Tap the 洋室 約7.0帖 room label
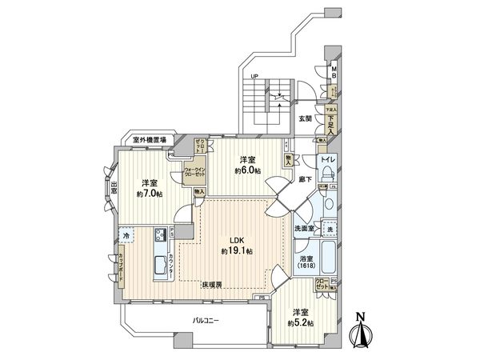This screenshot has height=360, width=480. click(x=149, y=186)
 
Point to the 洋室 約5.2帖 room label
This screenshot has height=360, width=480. click(x=302, y=317)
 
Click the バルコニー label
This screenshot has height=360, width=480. click(x=207, y=321)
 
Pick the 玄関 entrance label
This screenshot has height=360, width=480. click(x=306, y=118)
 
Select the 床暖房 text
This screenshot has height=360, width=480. click(x=212, y=284)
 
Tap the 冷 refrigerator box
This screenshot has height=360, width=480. click(x=127, y=237)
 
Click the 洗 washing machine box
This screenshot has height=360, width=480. click(x=330, y=231)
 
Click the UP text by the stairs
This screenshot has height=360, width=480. click(x=254, y=77)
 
